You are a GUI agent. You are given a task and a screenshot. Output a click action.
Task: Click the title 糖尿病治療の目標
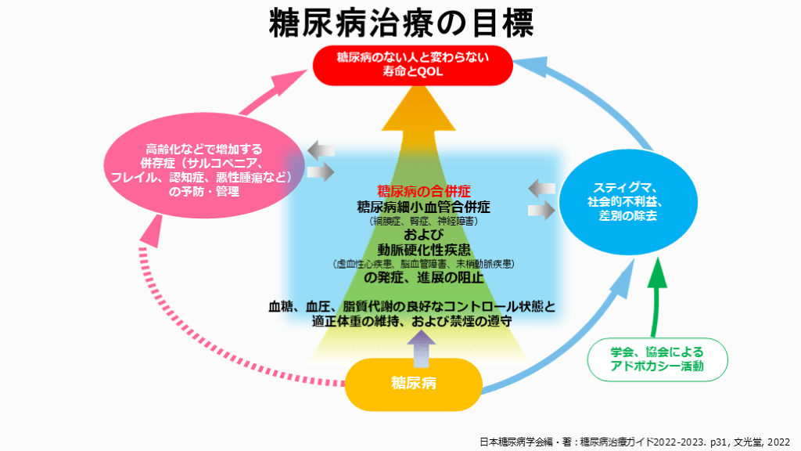click(x=400, y=23)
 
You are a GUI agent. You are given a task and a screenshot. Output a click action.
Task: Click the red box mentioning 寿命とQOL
click(x=412, y=65)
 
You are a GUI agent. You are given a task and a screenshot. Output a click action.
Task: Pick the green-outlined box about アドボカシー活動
click(x=657, y=359)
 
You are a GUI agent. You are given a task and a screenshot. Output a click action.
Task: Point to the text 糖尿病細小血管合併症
click(x=423, y=207)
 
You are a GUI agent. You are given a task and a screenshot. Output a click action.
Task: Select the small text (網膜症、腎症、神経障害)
click(x=423, y=222)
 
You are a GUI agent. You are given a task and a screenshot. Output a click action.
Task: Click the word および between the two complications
click(x=423, y=235)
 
